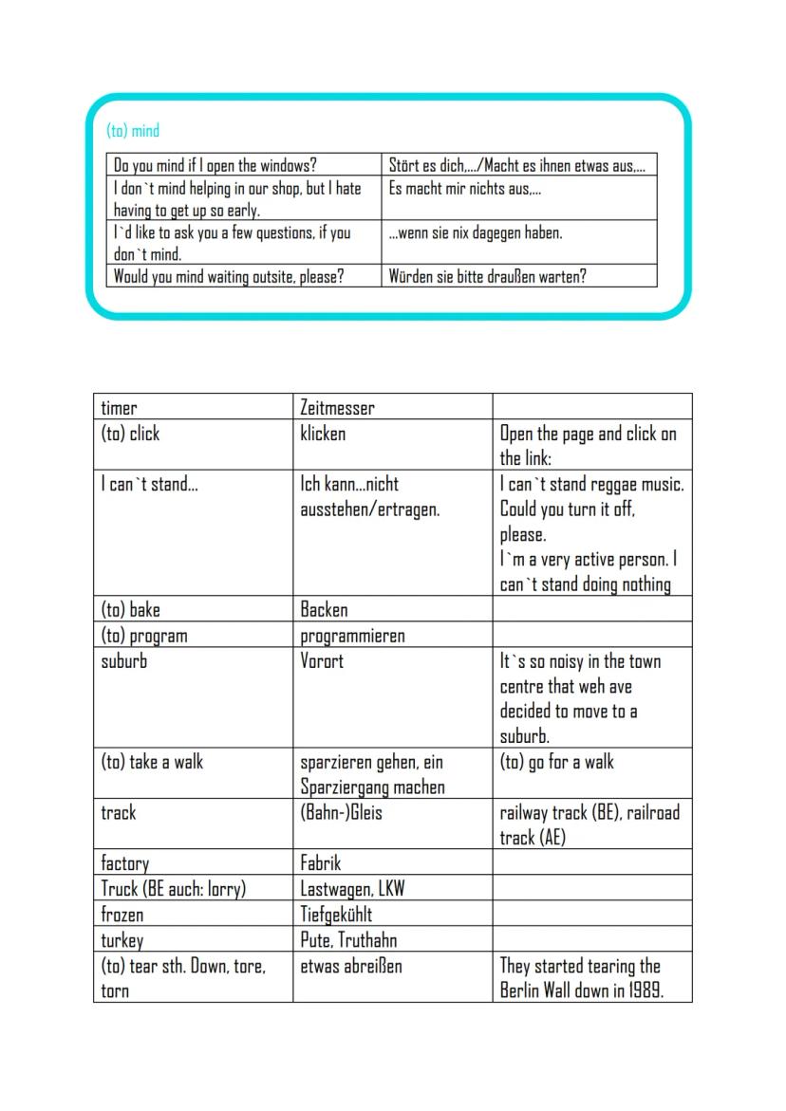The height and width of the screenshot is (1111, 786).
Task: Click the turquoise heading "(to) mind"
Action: pos(133,130)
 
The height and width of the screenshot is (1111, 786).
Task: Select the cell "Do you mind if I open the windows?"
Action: pos(215,165)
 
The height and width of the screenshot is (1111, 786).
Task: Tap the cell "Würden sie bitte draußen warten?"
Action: pos(487,277)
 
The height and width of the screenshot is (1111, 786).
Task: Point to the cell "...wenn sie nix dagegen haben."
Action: pos(476,232)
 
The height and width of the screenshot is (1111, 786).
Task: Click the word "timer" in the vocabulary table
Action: pos(119,408)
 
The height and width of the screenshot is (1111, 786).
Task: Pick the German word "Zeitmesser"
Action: pos(337,408)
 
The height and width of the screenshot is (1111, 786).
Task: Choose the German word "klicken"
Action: pos(323,434)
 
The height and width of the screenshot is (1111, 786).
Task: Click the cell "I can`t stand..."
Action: pos(149,485)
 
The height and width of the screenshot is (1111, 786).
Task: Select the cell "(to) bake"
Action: pos(130,610)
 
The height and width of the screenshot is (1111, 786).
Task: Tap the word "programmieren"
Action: pos(352,636)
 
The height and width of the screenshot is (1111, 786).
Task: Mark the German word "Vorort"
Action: pos(322,661)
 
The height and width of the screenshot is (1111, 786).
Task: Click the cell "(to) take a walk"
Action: pos(152,762)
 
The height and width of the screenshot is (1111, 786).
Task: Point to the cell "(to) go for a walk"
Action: pos(557,762)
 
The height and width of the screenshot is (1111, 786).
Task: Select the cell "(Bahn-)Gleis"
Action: pos(341,813)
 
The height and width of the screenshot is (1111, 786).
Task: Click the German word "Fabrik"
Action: pos(321,863)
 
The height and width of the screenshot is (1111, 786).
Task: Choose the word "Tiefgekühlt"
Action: pos(336,915)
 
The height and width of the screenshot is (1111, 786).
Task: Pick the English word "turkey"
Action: pos(122,940)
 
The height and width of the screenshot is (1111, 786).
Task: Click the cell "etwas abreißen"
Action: pos(351,966)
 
